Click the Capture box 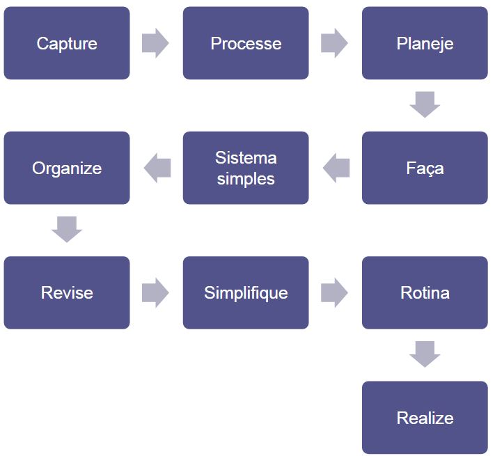[x=67, y=43]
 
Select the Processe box [x=246, y=43]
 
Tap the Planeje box [x=425, y=43]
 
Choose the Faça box [x=425, y=168]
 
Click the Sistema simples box [x=246, y=168]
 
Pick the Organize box [x=67, y=168]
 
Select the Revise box [x=67, y=292]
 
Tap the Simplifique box [x=246, y=292]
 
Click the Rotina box [x=425, y=292]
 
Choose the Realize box [x=425, y=418]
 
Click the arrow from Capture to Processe [x=155, y=43]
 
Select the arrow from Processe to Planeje [x=335, y=43]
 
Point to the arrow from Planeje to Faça [x=425, y=104]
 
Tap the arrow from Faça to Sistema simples [x=336, y=168]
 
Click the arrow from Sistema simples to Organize [x=157, y=168]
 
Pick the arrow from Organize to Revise [x=67, y=230]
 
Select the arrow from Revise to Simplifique [x=155, y=292]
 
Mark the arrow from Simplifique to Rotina [x=335, y=292]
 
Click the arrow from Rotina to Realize [x=425, y=354]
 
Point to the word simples [x=246, y=179]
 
